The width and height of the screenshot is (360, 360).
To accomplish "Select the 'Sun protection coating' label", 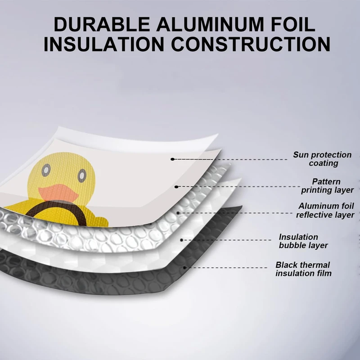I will pos(322,159).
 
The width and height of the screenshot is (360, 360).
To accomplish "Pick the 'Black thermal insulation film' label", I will pos(303,269).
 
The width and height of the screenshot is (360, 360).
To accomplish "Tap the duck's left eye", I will pos(45,170).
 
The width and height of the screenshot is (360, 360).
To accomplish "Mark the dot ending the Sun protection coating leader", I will pos(172,159).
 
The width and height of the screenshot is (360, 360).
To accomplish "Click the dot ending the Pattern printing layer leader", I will pos(176,186).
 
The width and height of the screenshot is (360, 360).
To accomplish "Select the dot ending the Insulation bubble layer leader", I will pos(181,240).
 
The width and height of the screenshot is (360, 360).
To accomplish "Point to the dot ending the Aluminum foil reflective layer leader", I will pos(179,211).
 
